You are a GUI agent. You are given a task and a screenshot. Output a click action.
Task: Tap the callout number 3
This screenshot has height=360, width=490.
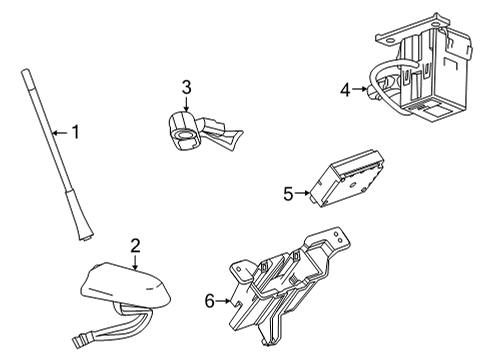tap(186, 87)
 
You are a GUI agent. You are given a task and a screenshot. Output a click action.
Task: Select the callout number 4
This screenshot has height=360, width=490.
tap(344, 90)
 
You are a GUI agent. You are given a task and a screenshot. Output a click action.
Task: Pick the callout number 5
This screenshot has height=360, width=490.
tap(288, 193)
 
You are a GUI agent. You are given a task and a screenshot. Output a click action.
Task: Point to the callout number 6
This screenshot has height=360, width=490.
tap(210, 300)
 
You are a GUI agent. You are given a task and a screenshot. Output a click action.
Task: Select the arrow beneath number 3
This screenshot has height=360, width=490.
tap(186, 105)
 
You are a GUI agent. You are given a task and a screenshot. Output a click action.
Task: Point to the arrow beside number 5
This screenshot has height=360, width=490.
tap(304, 193)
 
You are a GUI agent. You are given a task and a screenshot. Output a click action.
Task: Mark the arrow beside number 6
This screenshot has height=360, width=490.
tap(226, 300)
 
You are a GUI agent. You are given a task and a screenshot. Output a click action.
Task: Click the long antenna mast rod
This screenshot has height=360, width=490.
tap(48, 140)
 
